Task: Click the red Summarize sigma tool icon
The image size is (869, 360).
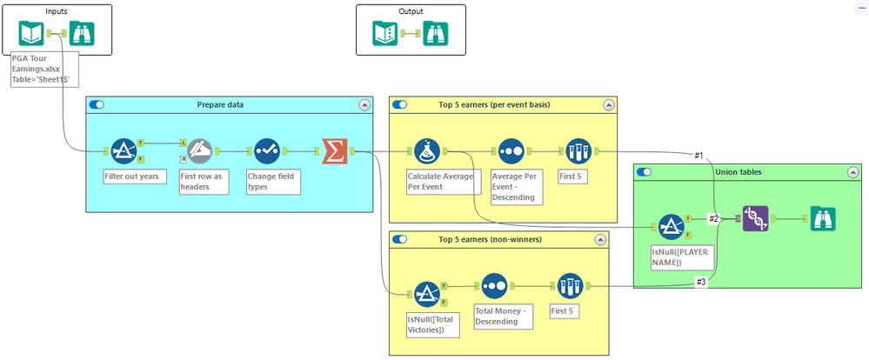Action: coord(334,150)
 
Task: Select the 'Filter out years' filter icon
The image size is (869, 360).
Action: coord(124,151)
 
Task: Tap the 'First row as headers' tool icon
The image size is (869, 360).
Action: coord(199,151)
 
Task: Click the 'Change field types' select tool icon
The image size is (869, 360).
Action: coord(265,151)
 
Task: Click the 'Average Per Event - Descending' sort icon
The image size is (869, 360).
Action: coord(510,151)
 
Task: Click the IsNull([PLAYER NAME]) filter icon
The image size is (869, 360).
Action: coord(671,226)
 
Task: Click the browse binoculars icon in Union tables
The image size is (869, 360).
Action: coord(822,218)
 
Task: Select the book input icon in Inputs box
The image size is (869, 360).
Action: coord(32,33)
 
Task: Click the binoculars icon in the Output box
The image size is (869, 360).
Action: coord(436,33)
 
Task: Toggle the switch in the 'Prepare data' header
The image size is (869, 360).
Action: coord(97,104)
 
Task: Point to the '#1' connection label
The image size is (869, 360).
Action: coord(699,155)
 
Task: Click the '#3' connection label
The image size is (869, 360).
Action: coord(699,281)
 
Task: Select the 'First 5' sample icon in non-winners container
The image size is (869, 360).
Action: coord(570,285)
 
